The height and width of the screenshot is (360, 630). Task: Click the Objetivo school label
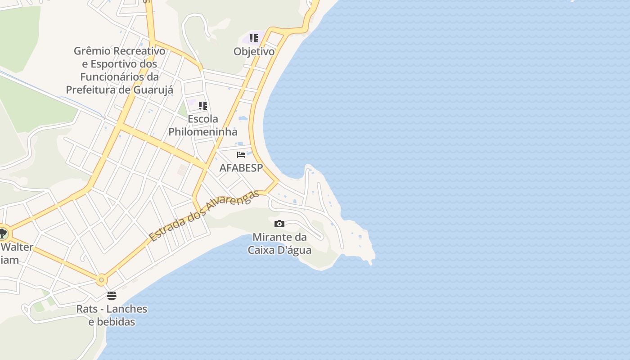254,52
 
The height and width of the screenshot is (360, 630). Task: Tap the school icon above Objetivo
254,38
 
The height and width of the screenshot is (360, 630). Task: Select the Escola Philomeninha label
203,126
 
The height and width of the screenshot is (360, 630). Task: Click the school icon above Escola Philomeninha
203,106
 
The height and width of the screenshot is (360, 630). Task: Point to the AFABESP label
241,168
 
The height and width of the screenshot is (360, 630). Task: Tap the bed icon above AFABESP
241,155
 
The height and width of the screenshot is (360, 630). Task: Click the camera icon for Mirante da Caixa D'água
279,224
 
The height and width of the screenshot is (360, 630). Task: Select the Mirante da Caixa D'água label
279,243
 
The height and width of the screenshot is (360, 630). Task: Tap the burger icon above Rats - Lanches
112,296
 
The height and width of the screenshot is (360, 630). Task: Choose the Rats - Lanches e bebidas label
112,315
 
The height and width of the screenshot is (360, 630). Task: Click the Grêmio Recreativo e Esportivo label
119,70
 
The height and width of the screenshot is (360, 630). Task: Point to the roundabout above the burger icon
102,280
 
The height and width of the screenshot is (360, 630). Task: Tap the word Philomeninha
203,132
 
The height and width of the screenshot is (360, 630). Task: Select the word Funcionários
114,76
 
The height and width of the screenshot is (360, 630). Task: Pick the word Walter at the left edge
17,247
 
